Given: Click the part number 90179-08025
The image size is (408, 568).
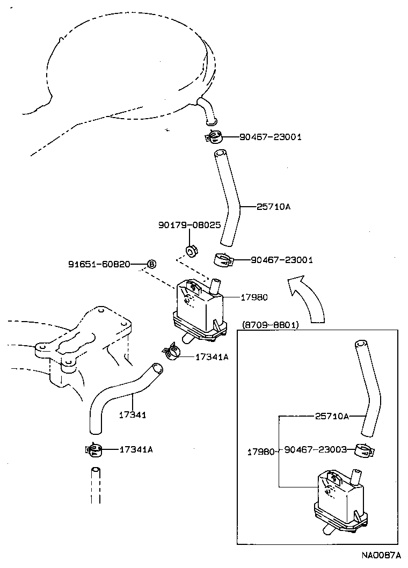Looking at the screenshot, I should point(189,226).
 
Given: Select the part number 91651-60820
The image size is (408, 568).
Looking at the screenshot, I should point(99,264).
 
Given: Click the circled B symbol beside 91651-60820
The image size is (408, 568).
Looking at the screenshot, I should point(151,264).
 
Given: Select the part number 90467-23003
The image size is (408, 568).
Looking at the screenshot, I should point(316,449).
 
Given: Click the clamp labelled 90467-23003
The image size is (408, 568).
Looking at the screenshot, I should point(365,452).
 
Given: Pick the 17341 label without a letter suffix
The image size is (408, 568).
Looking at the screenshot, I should point(132,414).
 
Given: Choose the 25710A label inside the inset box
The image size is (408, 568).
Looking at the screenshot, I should point(332,416).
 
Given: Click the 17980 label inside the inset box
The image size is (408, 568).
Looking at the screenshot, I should point(260,452).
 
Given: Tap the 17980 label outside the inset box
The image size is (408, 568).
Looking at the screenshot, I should point(254,297).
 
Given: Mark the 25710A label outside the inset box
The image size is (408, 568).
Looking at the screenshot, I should point(273,206).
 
